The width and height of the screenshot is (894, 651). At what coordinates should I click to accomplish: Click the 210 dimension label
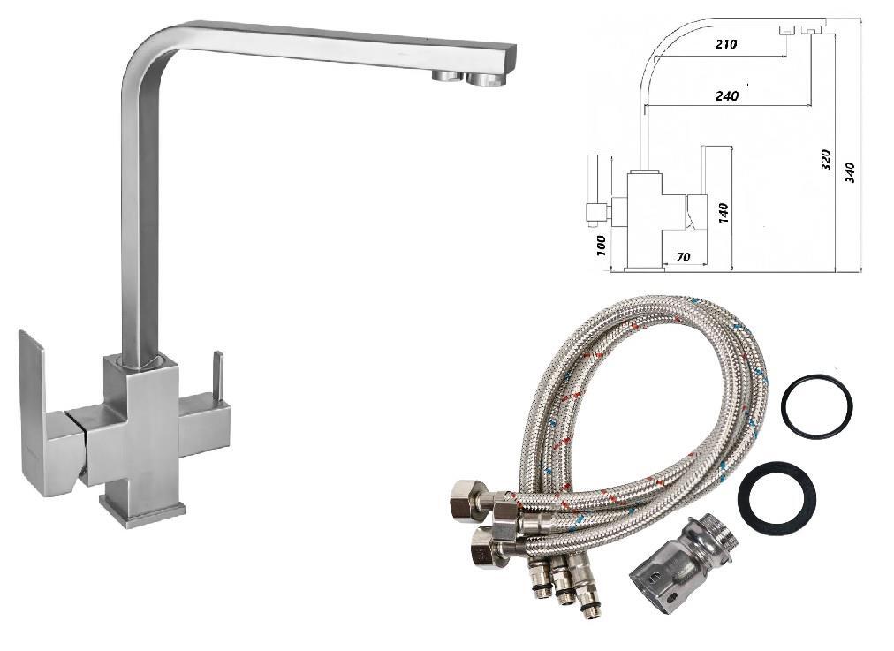pos(725,43)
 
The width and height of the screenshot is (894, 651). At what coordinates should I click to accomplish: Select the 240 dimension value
pos(727,95)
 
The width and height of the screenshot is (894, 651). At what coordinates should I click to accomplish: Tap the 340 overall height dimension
pos(850,171)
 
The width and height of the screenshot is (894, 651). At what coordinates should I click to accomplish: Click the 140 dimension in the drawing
pos(724,212)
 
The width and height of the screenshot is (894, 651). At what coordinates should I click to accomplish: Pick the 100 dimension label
pos(601,246)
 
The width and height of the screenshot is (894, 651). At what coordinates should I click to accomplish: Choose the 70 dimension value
pos(683,257)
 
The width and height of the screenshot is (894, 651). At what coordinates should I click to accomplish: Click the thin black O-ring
pos(817,405)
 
